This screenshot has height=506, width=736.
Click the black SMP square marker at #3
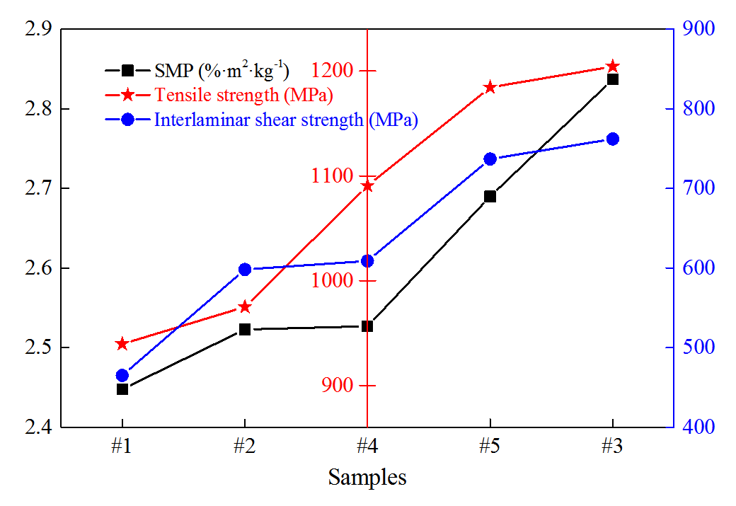click(612, 79)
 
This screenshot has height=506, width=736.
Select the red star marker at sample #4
click(367, 186)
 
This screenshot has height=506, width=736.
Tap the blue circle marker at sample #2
click(245, 269)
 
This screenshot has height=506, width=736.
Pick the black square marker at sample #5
click(490, 197)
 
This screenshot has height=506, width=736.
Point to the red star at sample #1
click(122, 344)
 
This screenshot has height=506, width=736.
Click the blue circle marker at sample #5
click(490, 159)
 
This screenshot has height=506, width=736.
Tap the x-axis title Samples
click(367, 478)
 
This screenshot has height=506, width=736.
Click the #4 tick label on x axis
click(367, 447)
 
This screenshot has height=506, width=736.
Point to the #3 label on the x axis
click(612, 447)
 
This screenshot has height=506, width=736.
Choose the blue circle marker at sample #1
click(122, 376)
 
